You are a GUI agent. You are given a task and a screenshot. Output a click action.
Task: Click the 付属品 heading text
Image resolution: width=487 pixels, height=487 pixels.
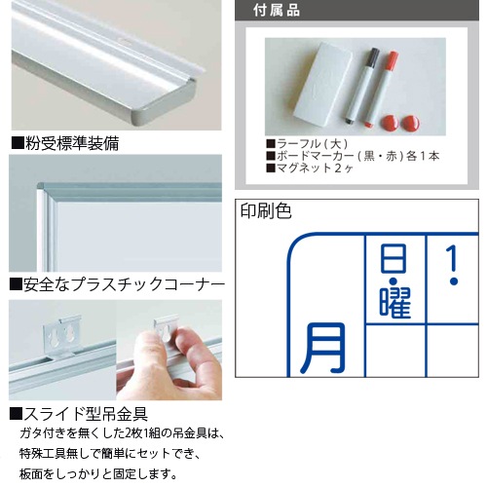click(x=277, y=11)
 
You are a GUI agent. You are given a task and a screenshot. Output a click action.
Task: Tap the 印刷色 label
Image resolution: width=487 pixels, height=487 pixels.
click(x=266, y=210)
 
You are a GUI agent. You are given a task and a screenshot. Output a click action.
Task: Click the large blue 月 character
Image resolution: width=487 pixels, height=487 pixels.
click(x=322, y=348)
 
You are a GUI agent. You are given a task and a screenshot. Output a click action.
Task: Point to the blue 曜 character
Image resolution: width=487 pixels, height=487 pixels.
click(x=395, y=303)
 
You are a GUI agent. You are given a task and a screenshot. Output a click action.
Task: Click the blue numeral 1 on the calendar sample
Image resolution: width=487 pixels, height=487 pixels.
click(x=453, y=260)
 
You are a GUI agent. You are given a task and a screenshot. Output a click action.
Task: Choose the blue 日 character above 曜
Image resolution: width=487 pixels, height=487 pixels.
click(x=393, y=259)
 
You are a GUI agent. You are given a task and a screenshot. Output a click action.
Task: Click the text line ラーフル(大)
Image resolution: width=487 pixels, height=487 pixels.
click(x=307, y=143)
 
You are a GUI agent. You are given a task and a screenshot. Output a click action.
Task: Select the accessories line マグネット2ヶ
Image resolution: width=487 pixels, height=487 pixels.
click(x=310, y=169)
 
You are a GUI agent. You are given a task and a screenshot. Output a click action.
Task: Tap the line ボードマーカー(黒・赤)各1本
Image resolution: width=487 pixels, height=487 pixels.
click(x=353, y=156)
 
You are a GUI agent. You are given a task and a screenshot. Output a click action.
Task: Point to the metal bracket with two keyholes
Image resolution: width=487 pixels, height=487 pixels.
click(x=62, y=336)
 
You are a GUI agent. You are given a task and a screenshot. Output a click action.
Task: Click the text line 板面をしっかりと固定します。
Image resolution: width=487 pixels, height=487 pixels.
click(x=98, y=473)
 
